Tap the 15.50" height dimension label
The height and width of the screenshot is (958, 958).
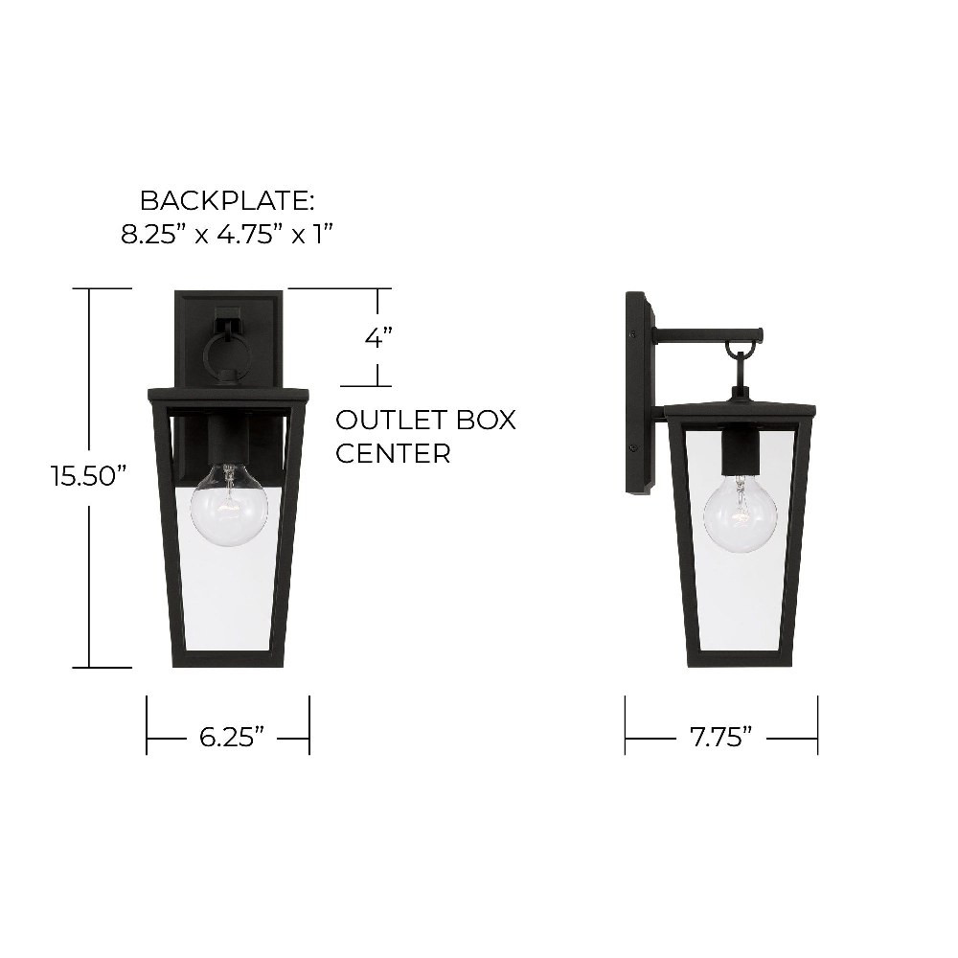pos(89,476)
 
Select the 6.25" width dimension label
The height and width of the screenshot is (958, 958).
pos(232,738)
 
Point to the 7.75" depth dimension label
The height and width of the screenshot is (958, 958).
pos(721,738)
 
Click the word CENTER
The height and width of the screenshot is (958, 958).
pos(393,453)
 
